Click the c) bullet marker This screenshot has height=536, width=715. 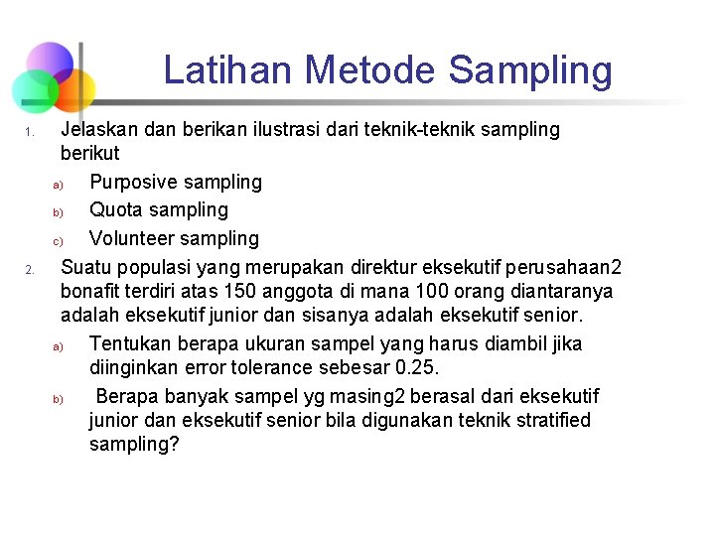click(58, 240)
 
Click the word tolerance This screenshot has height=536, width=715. click(277, 367)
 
